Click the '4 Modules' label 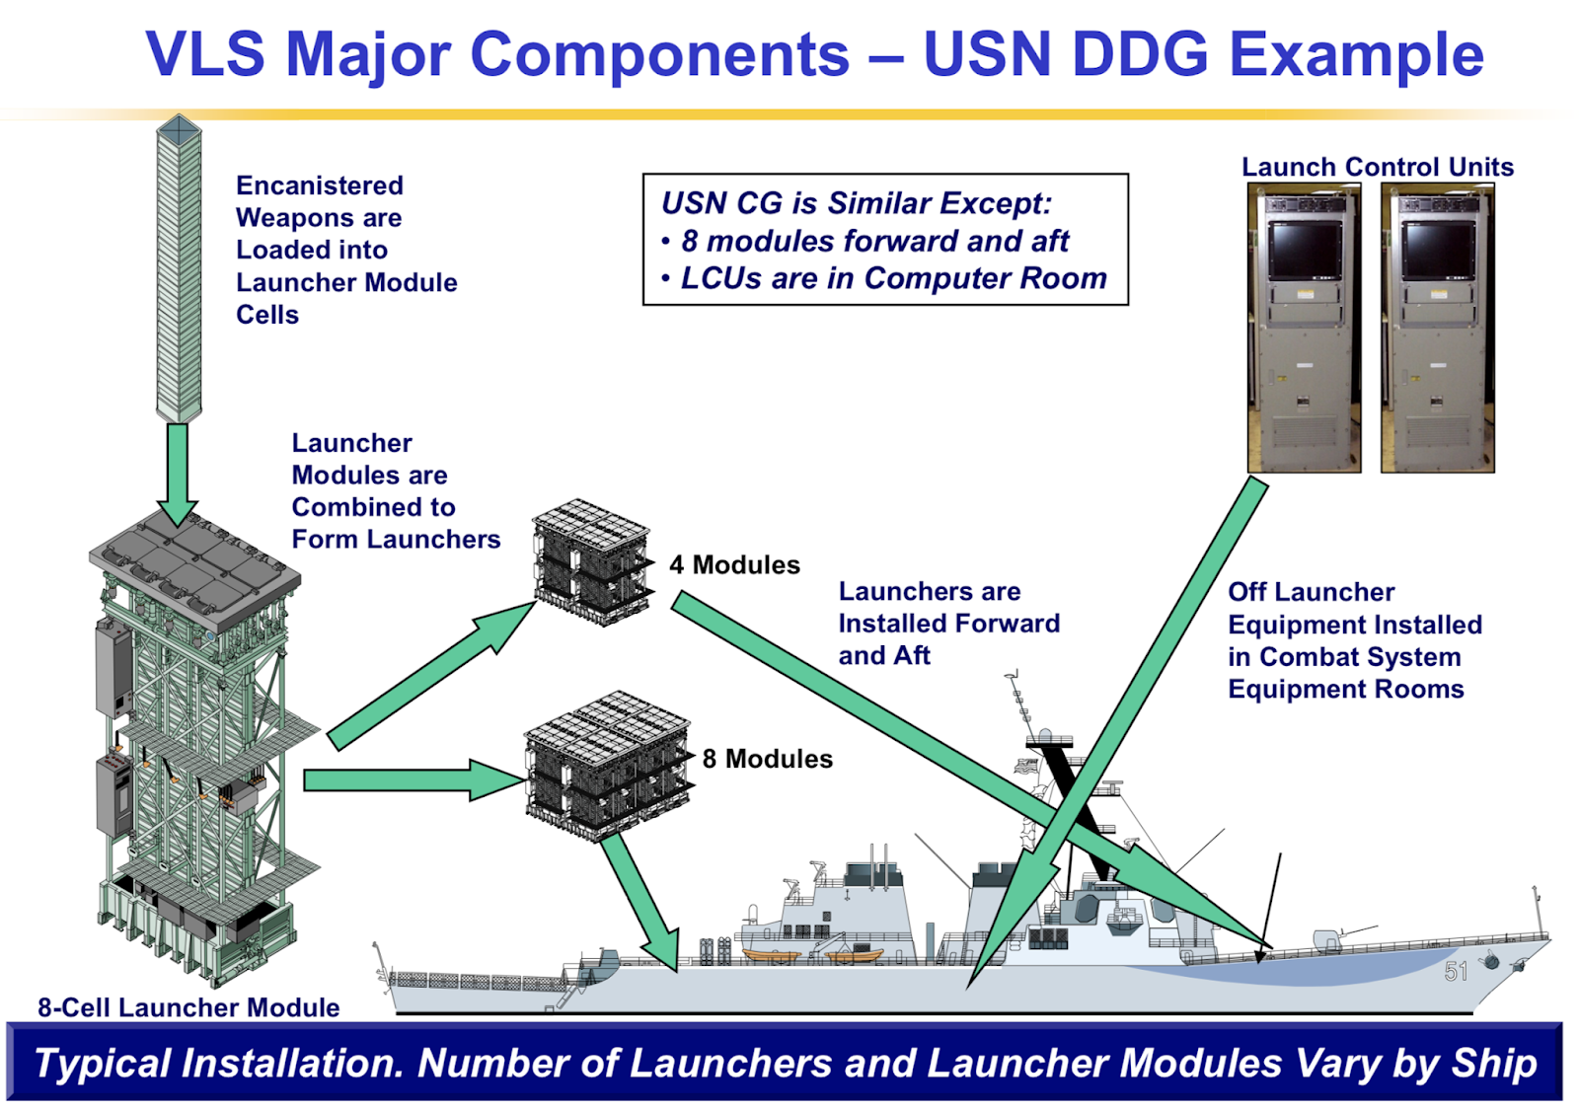734,565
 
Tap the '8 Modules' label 767,759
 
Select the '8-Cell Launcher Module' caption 188,1007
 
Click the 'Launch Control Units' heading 1377,167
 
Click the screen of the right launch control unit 1437,249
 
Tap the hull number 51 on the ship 1456,972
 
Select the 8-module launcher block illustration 605,765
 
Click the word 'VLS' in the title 205,54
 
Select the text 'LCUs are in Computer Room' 893,278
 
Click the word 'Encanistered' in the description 320,185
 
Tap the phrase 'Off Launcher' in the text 1311,592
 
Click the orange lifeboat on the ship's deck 771,955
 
